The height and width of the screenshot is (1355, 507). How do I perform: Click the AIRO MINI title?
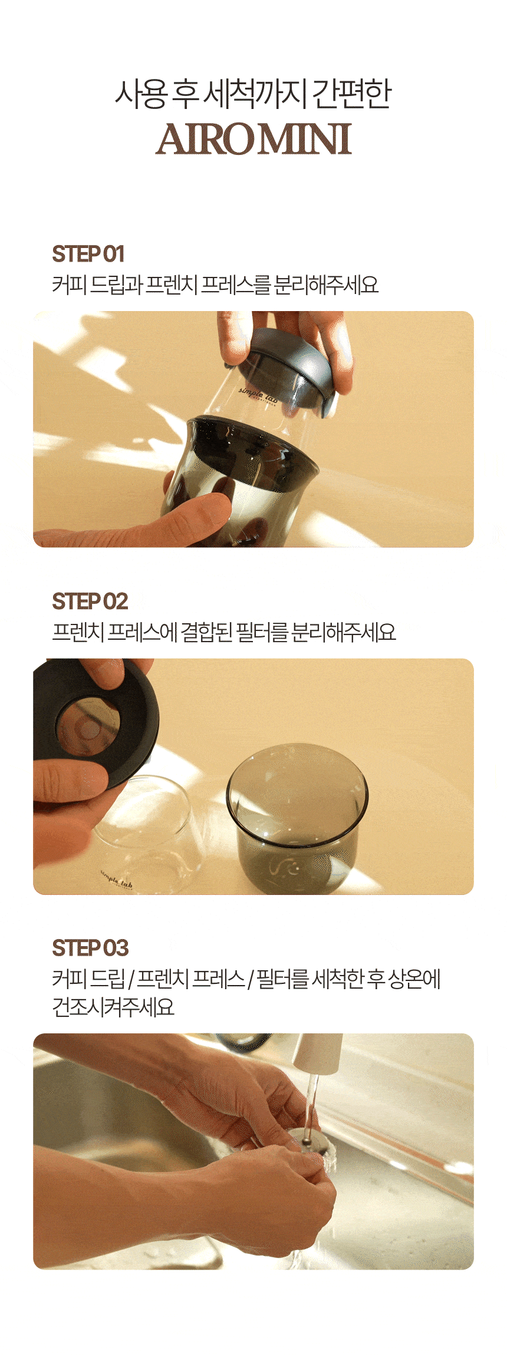[x=253, y=140]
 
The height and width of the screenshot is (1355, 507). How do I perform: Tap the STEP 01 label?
[x=88, y=255]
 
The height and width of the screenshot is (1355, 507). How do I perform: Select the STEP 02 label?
[x=90, y=602]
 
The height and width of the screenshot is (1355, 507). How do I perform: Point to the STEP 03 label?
[x=90, y=949]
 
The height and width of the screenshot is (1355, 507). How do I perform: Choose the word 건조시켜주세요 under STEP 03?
[x=113, y=1007]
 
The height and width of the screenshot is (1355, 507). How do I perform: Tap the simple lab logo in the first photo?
[x=258, y=396]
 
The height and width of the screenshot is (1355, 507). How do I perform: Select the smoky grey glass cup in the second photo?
[x=298, y=819]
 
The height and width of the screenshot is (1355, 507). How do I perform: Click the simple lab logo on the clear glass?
[x=117, y=881]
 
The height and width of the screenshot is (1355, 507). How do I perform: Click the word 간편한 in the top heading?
[x=351, y=94]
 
